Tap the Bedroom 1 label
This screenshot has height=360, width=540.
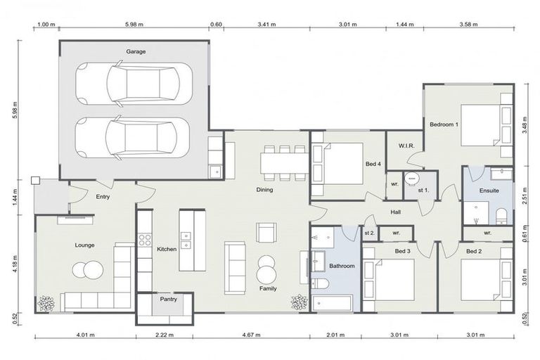pyautogui.click(x=444, y=124)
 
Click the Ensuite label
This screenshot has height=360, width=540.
pyautogui.click(x=489, y=190)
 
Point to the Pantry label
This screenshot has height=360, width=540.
pyautogui.click(x=168, y=299)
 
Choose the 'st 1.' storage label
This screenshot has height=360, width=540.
pyautogui.click(x=424, y=190)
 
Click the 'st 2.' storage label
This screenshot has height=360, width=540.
pyautogui.click(x=369, y=232)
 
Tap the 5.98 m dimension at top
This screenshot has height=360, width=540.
pyautogui.click(x=134, y=24)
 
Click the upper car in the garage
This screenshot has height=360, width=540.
pyautogui.click(x=134, y=83)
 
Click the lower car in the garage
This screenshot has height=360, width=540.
pyautogui.click(x=134, y=136)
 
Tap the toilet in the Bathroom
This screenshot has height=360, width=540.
pyautogui.click(x=320, y=284)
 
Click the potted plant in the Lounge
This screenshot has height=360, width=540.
pyautogui.click(x=46, y=304)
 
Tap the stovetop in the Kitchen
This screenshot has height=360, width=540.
pyautogui.click(x=146, y=239)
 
